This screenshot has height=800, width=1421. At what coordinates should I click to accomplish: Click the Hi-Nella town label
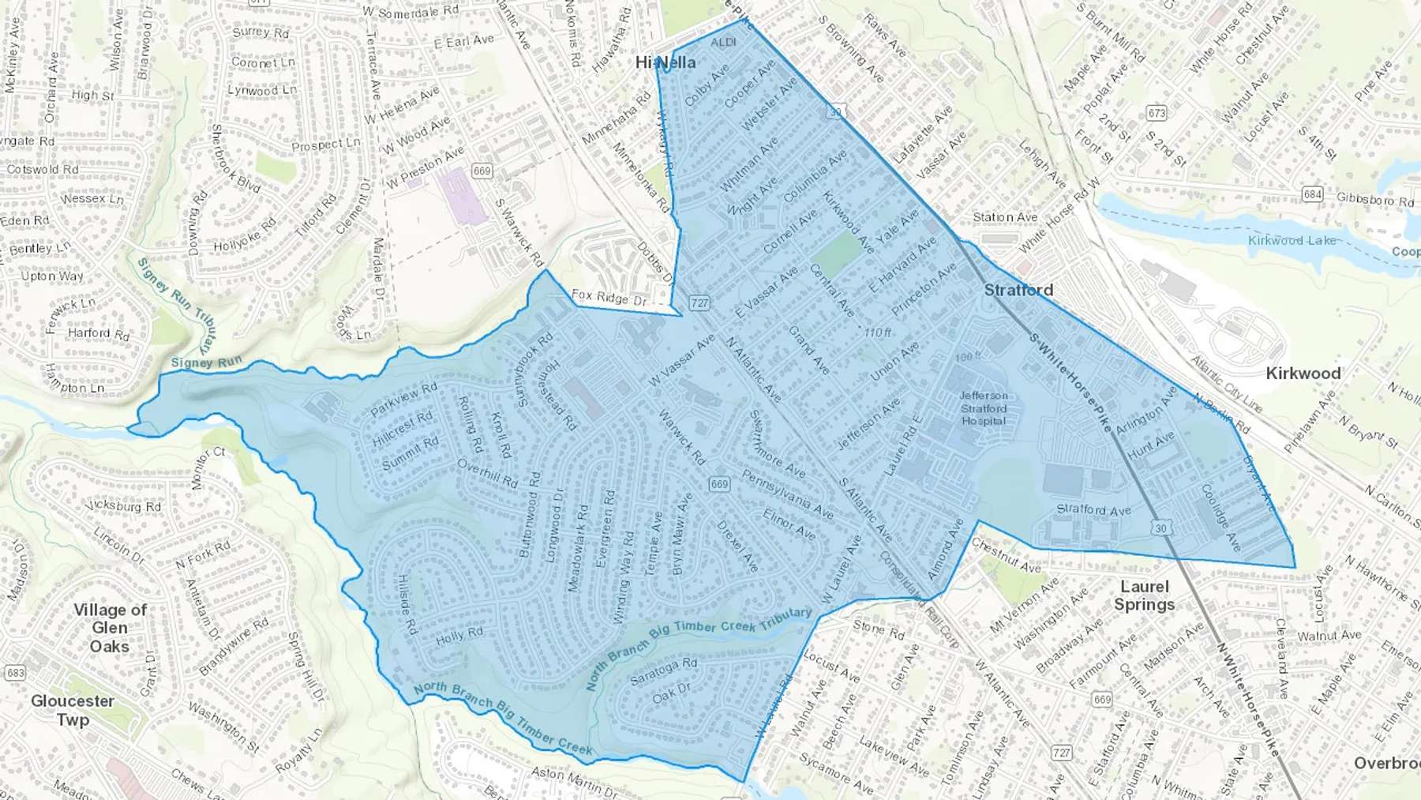(x=666, y=62)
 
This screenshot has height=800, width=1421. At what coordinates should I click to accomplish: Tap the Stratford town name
(x=1018, y=290)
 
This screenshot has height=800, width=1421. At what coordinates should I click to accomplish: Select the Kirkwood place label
(x=1303, y=373)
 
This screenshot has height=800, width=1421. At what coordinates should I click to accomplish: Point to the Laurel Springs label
(x=1144, y=595)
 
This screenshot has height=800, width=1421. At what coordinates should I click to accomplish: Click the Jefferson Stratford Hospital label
(x=984, y=408)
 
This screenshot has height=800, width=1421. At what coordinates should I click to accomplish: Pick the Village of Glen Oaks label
(x=110, y=628)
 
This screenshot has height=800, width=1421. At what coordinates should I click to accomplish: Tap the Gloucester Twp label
(x=73, y=710)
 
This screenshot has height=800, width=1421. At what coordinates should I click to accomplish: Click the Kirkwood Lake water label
(x=1292, y=240)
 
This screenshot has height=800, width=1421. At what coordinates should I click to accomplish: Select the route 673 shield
(x=1157, y=113)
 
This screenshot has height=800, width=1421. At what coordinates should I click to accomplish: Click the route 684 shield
(x=1312, y=193)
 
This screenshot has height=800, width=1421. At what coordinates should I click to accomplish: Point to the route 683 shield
(x=15, y=673)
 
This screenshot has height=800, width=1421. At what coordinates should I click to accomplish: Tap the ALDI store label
(x=723, y=42)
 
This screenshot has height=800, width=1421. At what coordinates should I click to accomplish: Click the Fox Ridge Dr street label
(x=609, y=298)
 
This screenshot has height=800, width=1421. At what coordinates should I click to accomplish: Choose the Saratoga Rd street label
(x=663, y=670)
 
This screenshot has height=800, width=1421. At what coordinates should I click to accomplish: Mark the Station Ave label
(x=1005, y=217)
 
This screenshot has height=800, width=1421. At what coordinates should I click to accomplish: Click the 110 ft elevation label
(x=878, y=332)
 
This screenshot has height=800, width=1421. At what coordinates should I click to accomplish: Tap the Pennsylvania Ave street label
(x=787, y=495)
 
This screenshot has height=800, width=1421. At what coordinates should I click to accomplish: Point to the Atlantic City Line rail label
(x=1226, y=384)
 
